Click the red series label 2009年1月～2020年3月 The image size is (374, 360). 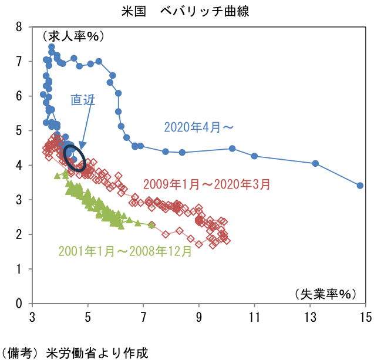coord(205,184)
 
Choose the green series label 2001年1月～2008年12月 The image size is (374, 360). coord(125,251)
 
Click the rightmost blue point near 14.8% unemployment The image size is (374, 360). coord(360,186)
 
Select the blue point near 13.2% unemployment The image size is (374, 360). coord(315,163)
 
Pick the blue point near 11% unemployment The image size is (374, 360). coord(254,156)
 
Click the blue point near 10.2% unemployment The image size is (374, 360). coord(232,149)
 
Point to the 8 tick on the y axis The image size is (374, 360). coord(19,27)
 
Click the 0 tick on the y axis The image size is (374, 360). coord(19,304)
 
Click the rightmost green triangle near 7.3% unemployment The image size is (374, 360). coord(151,225)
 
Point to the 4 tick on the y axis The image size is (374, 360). coord(19,166)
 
